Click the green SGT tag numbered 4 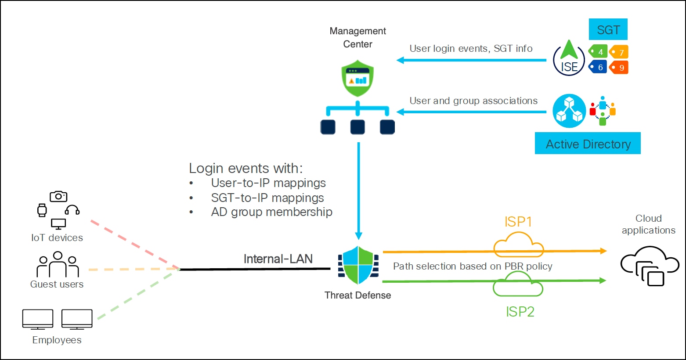598,52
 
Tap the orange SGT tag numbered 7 619,52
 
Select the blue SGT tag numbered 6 598,67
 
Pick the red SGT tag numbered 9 619,68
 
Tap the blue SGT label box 608,30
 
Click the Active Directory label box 588,144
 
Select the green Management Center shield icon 357,79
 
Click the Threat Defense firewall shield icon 358,266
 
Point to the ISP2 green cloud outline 518,284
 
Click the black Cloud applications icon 649,266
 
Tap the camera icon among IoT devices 58,196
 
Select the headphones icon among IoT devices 72,210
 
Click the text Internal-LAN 278,259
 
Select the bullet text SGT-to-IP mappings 267,198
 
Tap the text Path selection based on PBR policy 473,266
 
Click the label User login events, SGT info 471,48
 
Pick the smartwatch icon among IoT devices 42,210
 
